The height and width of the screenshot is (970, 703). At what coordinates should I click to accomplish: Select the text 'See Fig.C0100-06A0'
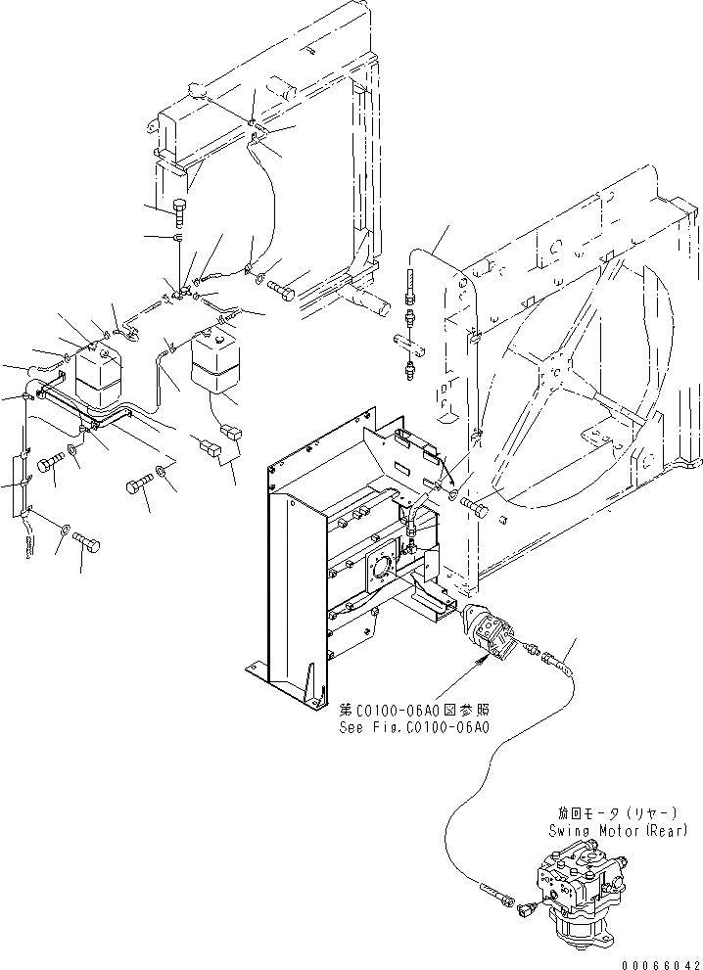[414, 727]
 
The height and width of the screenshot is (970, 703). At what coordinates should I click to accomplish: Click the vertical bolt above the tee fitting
[179, 208]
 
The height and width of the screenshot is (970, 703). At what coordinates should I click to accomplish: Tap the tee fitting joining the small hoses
[182, 291]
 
